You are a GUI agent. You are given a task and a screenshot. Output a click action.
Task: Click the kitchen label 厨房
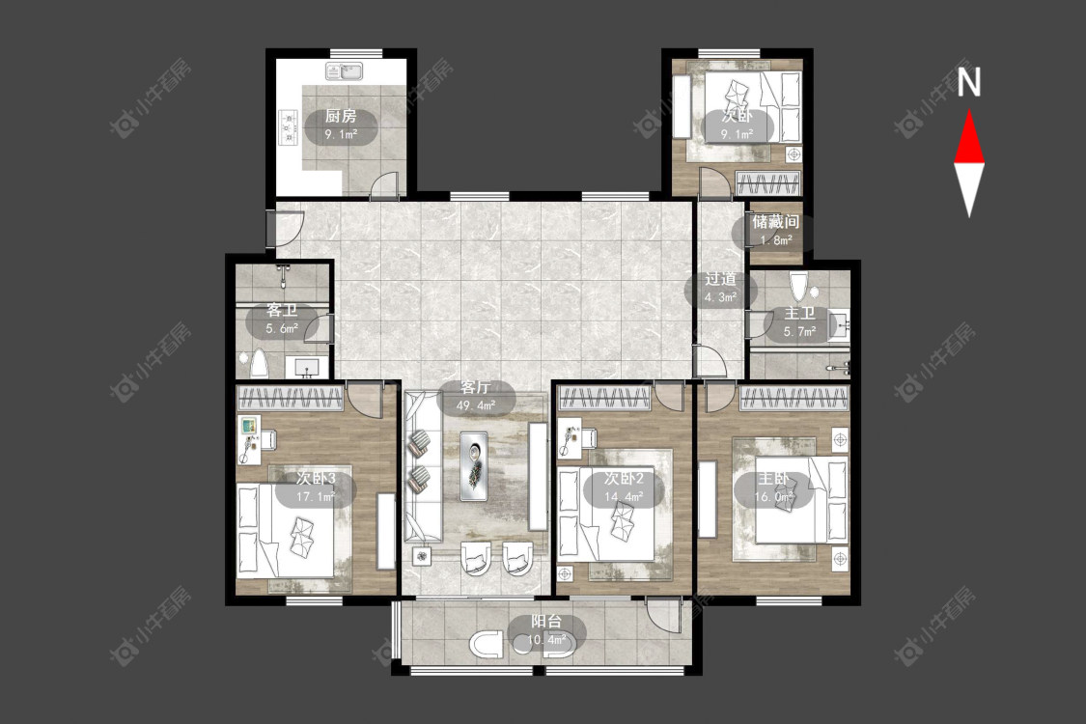(341, 117)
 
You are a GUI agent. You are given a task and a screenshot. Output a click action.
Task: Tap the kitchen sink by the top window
(345, 71)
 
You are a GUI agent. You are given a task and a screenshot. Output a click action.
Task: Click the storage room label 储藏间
(776, 222)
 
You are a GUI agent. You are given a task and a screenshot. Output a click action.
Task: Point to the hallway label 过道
(720, 279)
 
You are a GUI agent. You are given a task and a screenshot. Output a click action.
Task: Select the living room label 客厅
(476, 387)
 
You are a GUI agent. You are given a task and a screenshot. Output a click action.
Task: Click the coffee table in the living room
(474, 466)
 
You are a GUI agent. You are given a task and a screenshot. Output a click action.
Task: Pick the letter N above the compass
(969, 82)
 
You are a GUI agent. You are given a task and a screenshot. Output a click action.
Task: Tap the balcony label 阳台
(546, 622)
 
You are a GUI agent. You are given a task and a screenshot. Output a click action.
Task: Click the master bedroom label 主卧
(773, 478)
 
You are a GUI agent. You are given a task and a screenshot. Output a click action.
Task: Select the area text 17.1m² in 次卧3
(316, 497)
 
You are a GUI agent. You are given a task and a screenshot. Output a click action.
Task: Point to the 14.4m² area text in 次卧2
(624, 497)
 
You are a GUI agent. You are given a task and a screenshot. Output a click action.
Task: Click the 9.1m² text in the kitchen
(342, 134)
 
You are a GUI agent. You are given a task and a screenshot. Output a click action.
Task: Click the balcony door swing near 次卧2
(664, 614)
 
